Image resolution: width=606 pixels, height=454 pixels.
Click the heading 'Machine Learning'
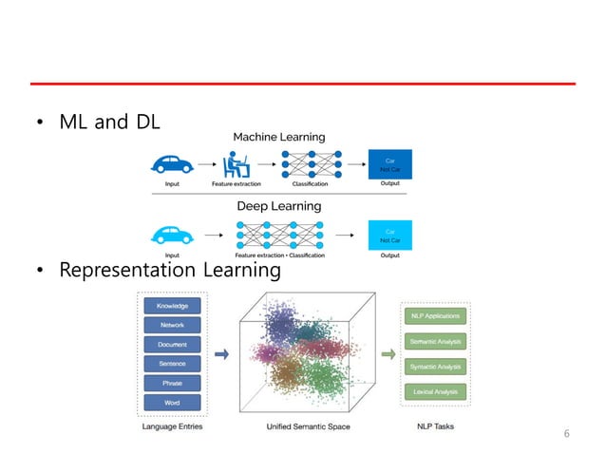pos(279,138)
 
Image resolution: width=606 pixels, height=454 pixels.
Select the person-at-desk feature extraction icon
pos(232,164)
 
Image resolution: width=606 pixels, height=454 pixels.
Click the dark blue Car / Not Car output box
pos(389,165)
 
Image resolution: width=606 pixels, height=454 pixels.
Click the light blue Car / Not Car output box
pos(389,234)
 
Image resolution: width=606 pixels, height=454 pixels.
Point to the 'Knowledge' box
pos(173,306)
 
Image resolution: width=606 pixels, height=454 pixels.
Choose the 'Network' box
pos(173,325)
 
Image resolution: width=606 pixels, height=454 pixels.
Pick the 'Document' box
pos(173,345)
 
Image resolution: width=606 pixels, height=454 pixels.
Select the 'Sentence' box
pos(173,364)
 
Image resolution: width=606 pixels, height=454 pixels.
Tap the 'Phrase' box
pos(173,384)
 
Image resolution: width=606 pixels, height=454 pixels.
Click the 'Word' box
pos(173,403)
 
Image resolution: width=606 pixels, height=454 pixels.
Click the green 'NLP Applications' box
pos(434,315)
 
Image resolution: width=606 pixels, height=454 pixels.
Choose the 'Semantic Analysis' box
pos(434,341)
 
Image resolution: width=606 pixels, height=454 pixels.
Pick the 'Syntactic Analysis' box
pos(434,367)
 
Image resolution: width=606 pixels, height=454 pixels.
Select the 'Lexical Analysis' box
pos(434,391)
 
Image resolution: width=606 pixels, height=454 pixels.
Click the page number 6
pos(567,434)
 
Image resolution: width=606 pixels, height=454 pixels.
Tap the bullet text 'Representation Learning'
pos(169,271)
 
